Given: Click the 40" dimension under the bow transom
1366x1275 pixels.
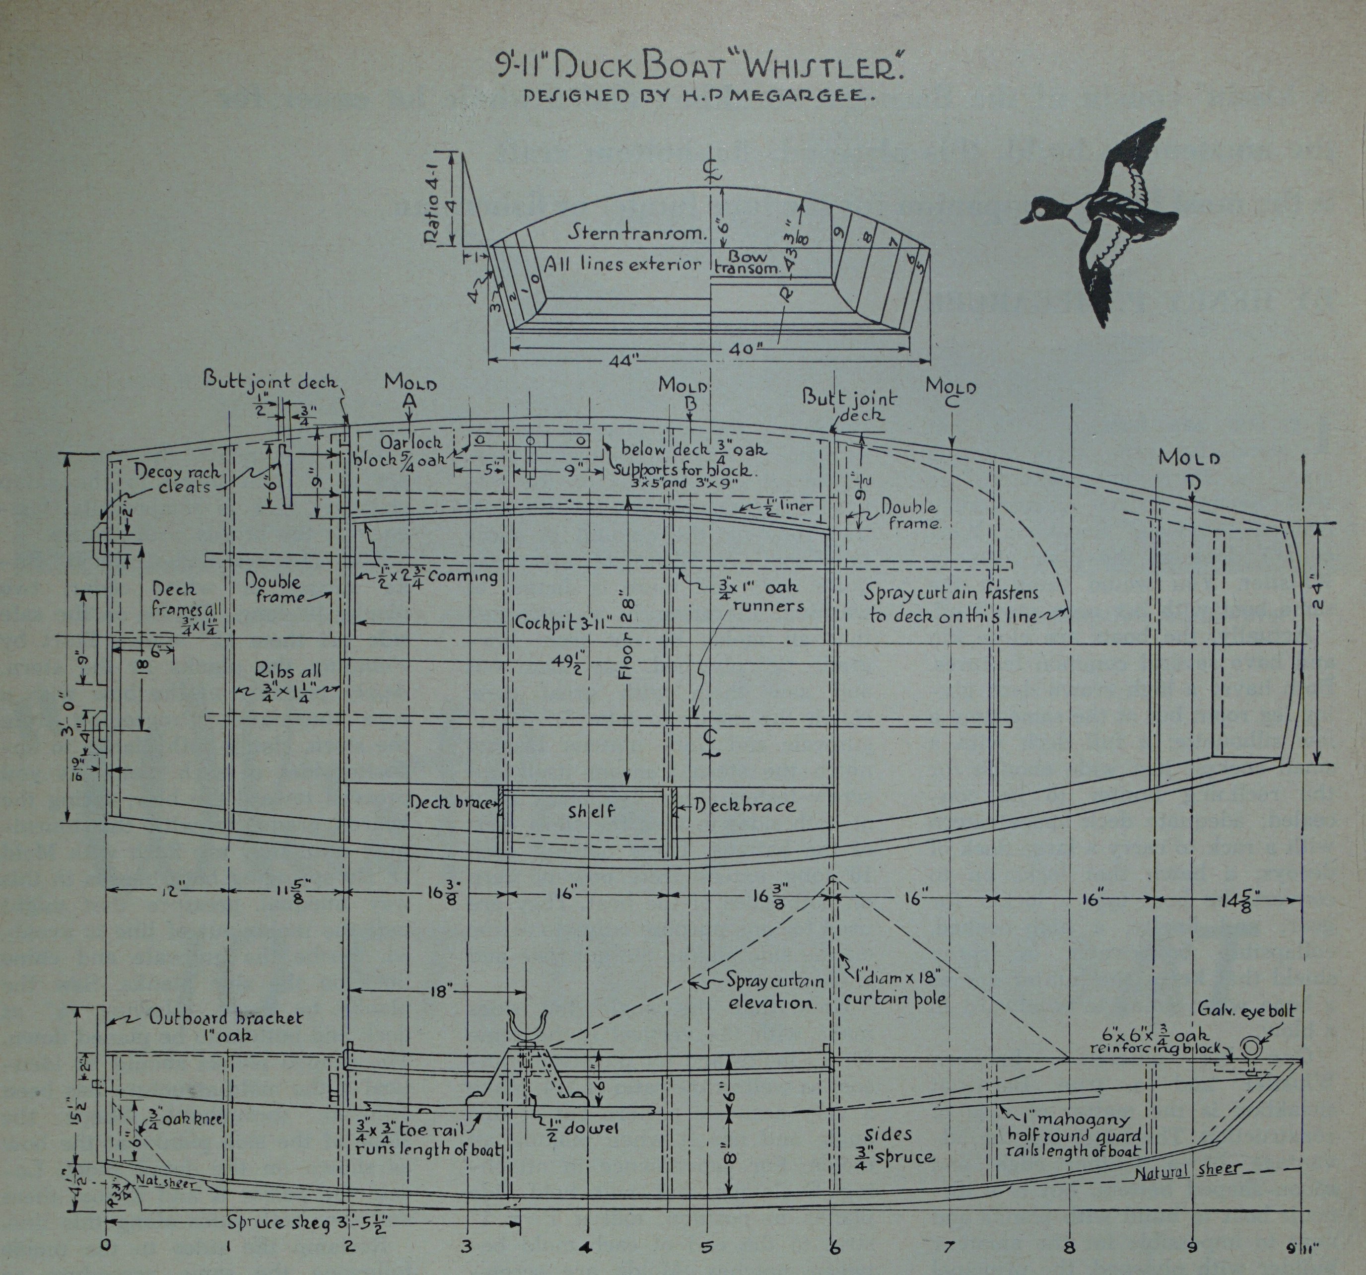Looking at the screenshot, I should point(746,349).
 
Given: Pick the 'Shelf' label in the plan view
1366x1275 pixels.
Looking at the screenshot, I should point(591,812).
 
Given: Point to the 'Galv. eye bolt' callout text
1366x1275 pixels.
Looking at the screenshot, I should point(1246,1010).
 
